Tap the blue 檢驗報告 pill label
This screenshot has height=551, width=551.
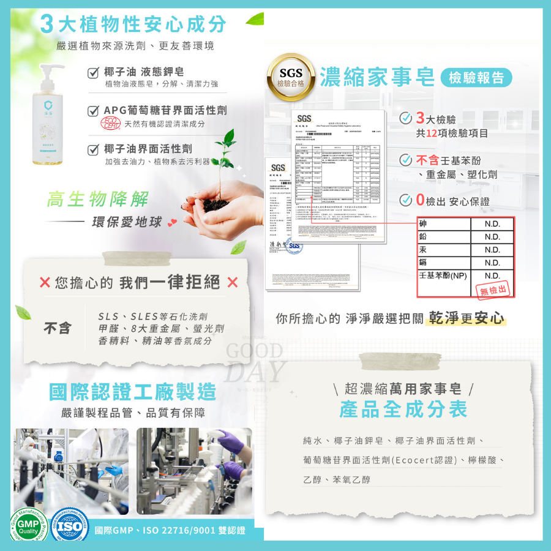[x=476, y=78]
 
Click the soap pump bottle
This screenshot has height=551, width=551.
[x=50, y=116]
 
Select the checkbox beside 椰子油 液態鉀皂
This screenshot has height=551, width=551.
[x=93, y=72]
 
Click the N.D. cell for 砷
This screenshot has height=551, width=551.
[x=492, y=224]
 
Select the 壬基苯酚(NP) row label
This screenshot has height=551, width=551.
[x=442, y=276]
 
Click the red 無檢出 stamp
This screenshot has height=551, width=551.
[x=493, y=289]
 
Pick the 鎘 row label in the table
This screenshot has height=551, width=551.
[x=423, y=263]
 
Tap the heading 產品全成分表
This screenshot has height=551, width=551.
[x=403, y=410]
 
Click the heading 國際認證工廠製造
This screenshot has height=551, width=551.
[x=133, y=391]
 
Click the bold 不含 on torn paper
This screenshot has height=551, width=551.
[x=57, y=328]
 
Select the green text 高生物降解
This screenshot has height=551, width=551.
[x=97, y=199]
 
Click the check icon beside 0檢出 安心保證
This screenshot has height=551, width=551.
[x=405, y=200]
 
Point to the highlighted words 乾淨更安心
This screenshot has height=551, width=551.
[x=467, y=318]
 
